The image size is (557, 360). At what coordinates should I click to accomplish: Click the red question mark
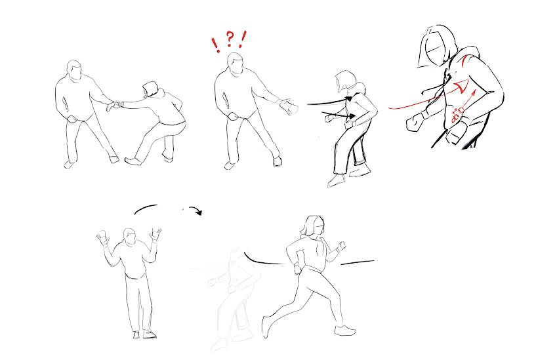pyautogui.click(x=230, y=39)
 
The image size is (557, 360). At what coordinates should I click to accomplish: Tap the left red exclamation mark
pyautogui.click(x=216, y=45)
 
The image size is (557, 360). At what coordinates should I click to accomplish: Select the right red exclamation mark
pyautogui.click(x=243, y=39)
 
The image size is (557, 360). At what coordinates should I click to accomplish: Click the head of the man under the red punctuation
pyautogui.click(x=236, y=64)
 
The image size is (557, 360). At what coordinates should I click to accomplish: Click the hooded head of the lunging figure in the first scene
pyautogui.click(x=151, y=89)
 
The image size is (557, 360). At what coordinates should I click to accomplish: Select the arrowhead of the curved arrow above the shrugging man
pyautogui.click(x=198, y=212)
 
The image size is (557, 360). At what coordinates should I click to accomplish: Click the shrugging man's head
pyautogui.click(x=130, y=237)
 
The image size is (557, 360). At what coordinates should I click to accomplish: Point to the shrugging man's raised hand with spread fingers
pyautogui.click(x=155, y=234)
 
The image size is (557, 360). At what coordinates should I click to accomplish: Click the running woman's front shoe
pyautogui.click(x=345, y=330)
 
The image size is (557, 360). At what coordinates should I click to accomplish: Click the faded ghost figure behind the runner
pyautogui.click(x=235, y=298)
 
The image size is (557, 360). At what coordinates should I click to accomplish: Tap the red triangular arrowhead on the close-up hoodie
pyautogui.click(x=461, y=87)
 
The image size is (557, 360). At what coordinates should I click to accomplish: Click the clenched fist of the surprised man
pyautogui.click(x=233, y=117)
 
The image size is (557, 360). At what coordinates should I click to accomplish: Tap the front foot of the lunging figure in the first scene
pyautogui.click(x=132, y=161)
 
